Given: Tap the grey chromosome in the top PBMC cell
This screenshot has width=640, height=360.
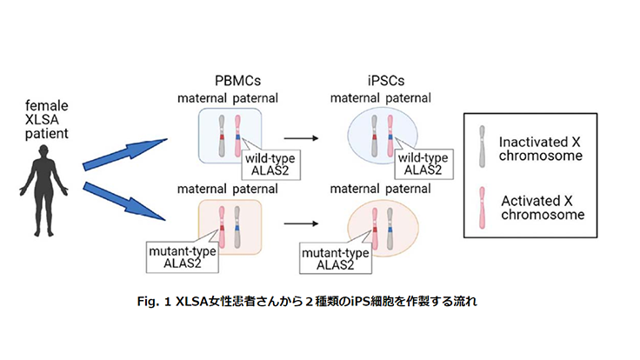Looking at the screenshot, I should point(224,136).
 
